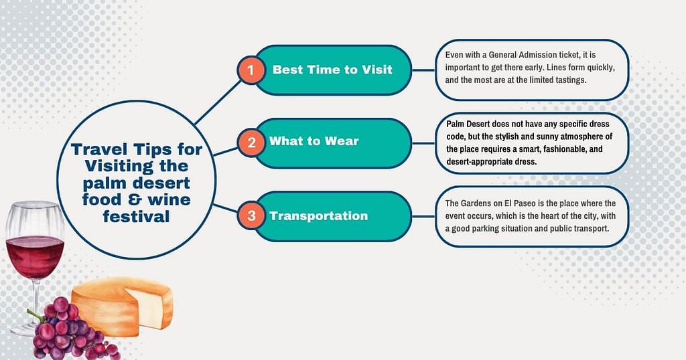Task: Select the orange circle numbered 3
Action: tap(251, 215)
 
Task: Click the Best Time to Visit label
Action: tap(332, 69)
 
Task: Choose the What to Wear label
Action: tap(314, 141)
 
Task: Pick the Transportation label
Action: tap(318, 215)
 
